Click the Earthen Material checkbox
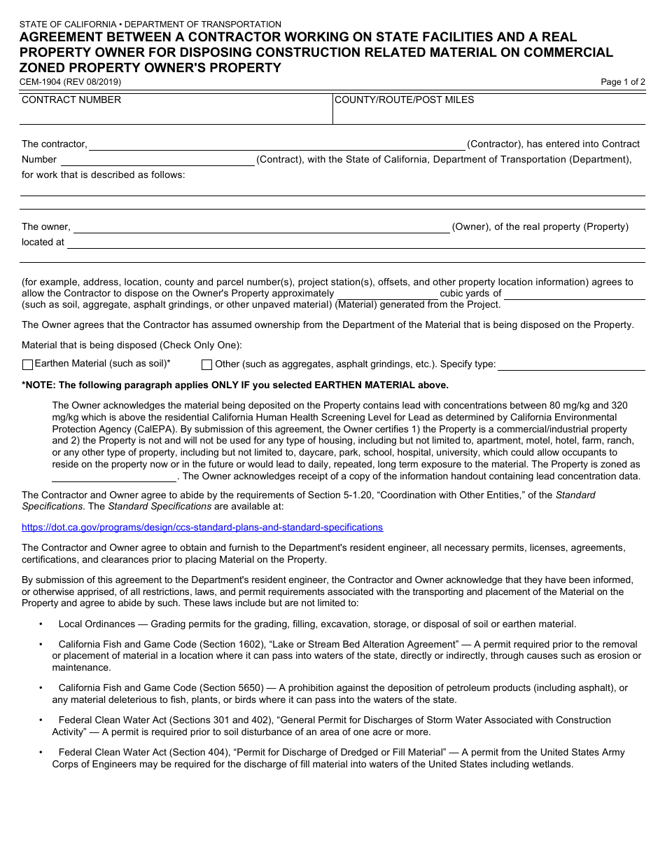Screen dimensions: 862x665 28,364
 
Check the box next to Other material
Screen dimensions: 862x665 206,364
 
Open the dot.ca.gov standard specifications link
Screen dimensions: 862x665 202,527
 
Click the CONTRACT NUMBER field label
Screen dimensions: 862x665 71,100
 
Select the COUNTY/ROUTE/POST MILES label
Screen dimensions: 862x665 404,100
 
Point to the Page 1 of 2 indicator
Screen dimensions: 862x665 623,82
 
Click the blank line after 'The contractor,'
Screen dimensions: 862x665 276,145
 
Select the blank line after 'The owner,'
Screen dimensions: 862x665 262,228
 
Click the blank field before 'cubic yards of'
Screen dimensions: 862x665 386,294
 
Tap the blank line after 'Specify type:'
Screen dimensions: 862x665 571,365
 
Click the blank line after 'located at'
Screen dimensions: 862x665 356,243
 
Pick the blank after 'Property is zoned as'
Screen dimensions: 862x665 114,477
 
